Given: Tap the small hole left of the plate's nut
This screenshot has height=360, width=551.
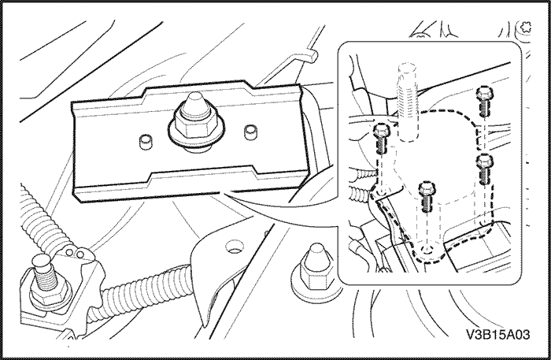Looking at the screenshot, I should tap(145, 142).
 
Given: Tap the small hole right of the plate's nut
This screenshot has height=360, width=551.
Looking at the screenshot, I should tap(251, 128).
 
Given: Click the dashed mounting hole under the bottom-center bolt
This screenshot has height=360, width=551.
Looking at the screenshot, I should tap(427, 251).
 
